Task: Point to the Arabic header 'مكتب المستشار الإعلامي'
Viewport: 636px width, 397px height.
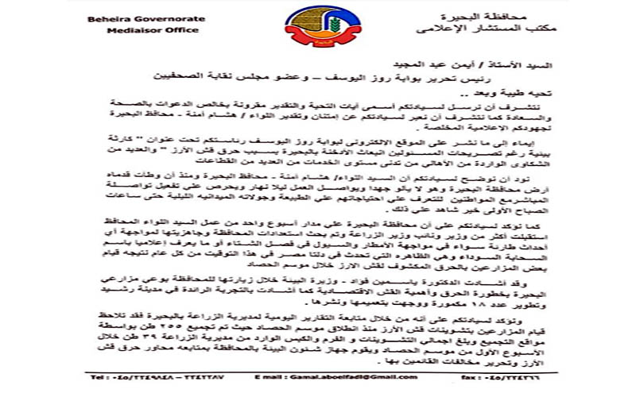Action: (x=500, y=29)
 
